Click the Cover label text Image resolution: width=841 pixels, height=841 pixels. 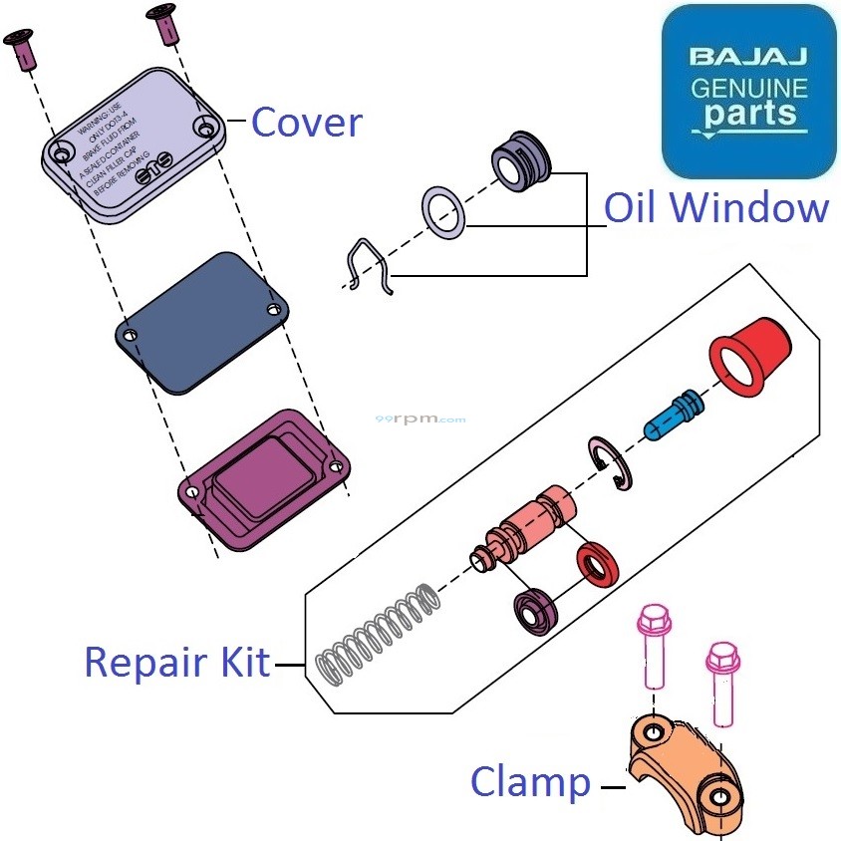[306, 122]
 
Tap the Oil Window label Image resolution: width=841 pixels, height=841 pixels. [716, 208]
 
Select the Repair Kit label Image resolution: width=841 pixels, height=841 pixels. [177, 662]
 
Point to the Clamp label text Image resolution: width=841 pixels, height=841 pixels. [530, 782]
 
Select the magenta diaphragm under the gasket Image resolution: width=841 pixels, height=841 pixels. [264, 478]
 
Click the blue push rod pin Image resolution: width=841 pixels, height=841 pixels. [676, 413]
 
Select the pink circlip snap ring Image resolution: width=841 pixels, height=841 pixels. [608, 462]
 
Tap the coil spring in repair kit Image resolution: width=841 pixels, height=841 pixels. [377, 635]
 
